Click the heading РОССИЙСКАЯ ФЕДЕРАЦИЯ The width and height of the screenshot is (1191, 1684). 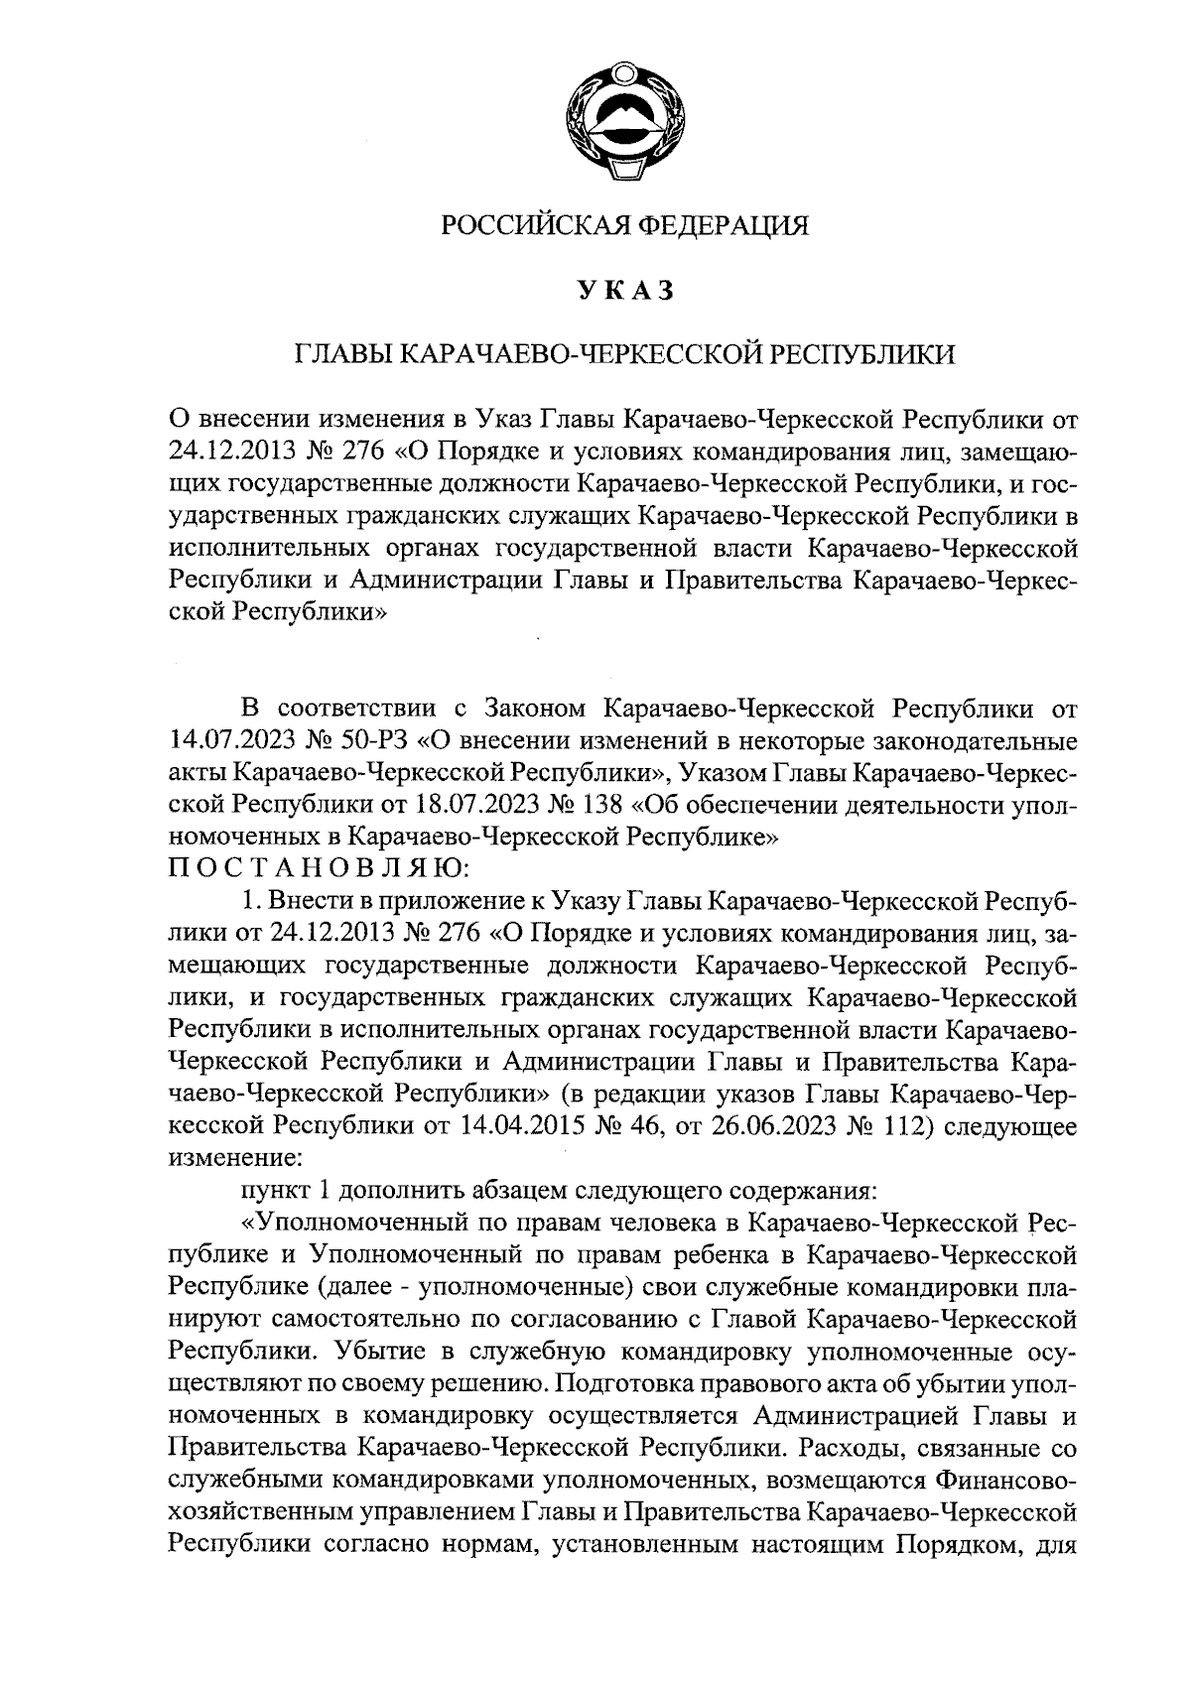coord(624,227)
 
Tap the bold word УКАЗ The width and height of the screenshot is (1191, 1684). coord(624,291)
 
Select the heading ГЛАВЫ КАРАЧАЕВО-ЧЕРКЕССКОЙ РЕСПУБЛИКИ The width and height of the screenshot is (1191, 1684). coord(624,355)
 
